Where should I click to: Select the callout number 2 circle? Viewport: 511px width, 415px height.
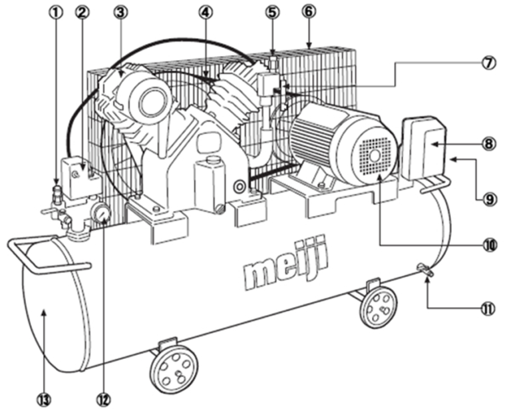83,11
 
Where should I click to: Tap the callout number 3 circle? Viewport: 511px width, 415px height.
120,11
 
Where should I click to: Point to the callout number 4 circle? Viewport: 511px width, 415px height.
207,11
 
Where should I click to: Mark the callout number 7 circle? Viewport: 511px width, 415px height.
490,63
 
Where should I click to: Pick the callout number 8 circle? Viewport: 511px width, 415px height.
490,143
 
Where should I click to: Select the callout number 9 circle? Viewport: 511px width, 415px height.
490,197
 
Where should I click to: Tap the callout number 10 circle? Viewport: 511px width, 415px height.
490,244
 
